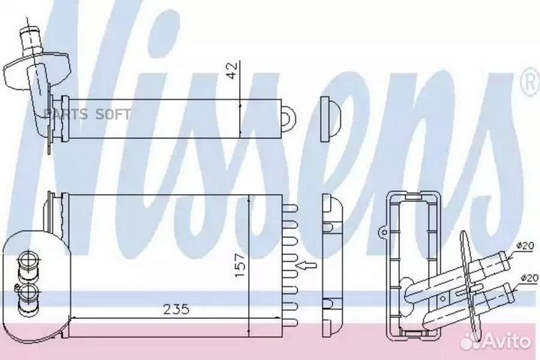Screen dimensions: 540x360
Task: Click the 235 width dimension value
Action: pos(176,309)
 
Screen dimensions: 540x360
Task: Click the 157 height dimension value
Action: pos(240,265)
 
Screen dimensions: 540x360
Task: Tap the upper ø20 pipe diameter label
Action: pos(525,246)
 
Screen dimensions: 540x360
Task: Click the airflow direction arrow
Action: pos(306,265)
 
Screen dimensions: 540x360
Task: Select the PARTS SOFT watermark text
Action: pos(88,114)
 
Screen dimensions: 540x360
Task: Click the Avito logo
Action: pos(496,342)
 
